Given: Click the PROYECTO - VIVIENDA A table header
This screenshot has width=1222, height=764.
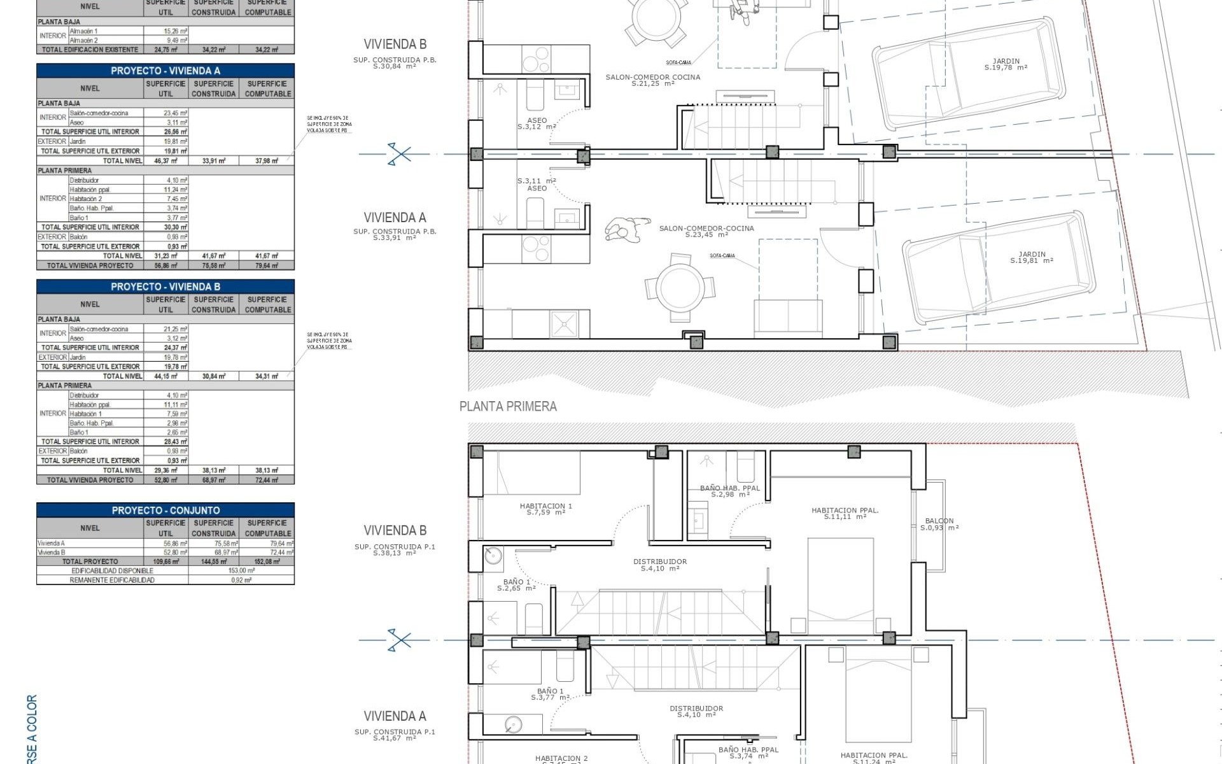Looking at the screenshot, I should tap(165, 71).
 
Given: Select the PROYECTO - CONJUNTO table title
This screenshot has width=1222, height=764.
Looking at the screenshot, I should tap(165, 510).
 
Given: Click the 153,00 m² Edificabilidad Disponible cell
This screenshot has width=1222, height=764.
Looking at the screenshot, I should tap(241, 570).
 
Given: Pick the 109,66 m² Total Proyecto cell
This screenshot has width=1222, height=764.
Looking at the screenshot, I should tap(166, 562).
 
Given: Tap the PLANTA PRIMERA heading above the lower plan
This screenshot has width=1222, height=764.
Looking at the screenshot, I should tap(508, 406).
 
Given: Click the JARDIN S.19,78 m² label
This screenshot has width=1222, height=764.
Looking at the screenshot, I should tap(1006, 64).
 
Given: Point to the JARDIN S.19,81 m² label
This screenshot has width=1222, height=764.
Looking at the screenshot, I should tap(1031, 257).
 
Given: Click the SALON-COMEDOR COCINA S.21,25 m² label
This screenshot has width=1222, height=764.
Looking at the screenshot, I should tap(652, 80).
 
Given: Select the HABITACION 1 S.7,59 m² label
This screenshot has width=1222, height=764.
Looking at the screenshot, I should tap(545, 509).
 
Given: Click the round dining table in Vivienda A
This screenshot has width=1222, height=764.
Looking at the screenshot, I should tap(682, 287).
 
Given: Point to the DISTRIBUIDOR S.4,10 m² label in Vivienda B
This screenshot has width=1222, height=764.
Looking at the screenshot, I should tap(659, 565).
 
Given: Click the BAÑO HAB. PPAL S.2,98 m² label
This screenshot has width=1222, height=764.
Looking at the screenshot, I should tap(729, 491).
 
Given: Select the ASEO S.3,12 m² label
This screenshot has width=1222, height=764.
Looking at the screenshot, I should tap(537, 123).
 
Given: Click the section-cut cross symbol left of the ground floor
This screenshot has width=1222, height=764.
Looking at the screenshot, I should tap(399, 153).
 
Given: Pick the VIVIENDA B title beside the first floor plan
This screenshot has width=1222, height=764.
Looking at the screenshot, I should tap(395, 530).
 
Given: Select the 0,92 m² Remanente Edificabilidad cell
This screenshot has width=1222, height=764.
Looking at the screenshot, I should tap(241, 580).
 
